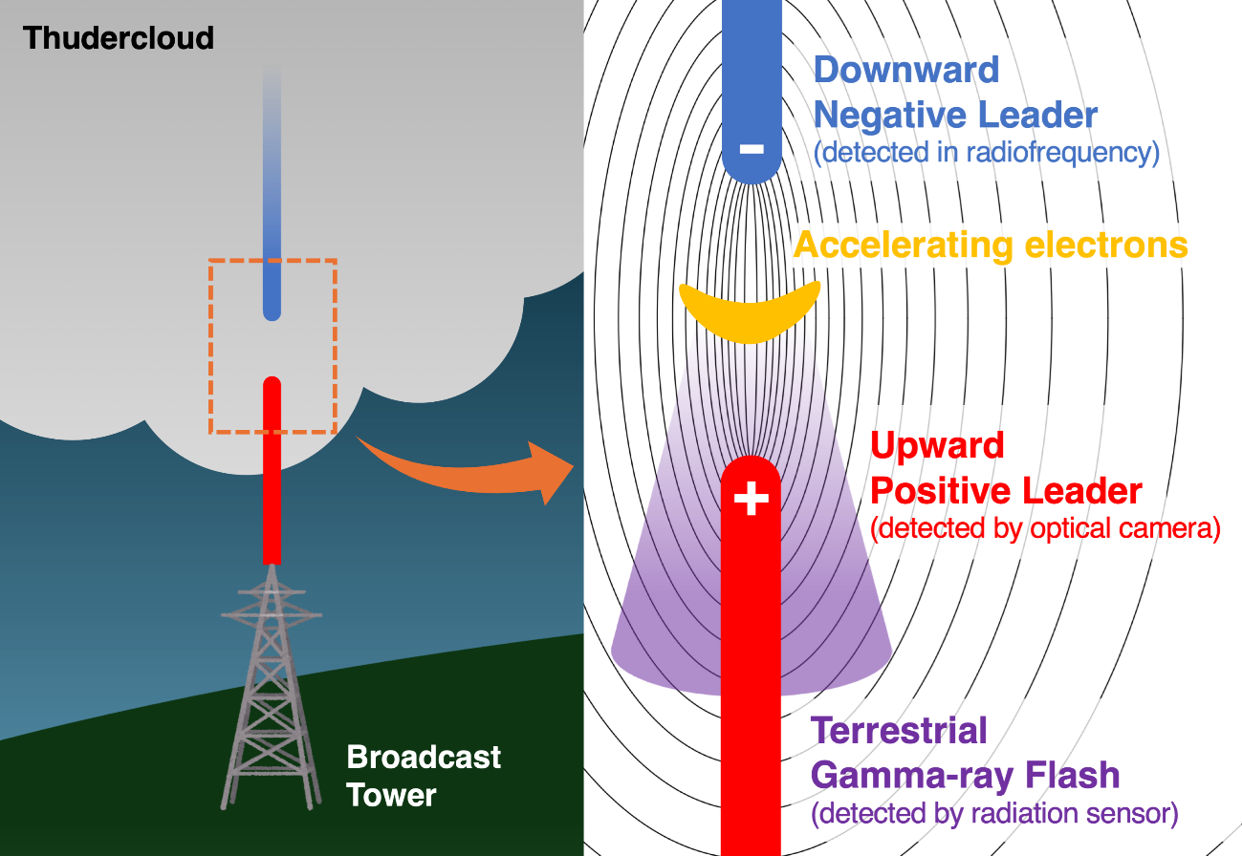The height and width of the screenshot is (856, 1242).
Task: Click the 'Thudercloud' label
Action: tap(119, 38)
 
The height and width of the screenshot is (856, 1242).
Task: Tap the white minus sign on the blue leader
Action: tap(752, 149)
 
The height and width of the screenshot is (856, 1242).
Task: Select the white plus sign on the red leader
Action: tap(752, 498)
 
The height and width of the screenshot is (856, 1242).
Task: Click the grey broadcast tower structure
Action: tap(271, 688)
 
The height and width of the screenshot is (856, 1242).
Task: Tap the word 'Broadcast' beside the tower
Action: tap(424, 758)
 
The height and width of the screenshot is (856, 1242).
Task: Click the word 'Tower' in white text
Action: tap(391, 795)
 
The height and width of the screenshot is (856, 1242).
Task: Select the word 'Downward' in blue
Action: tap(905, 70)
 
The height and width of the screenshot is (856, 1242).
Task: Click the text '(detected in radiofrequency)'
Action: tap(987, 153)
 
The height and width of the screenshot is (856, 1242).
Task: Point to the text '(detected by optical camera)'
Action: tap(1045, 528)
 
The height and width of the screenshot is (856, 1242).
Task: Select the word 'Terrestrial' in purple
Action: tap(899, 731)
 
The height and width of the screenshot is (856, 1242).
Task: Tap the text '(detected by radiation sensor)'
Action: tap(994, 815)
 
